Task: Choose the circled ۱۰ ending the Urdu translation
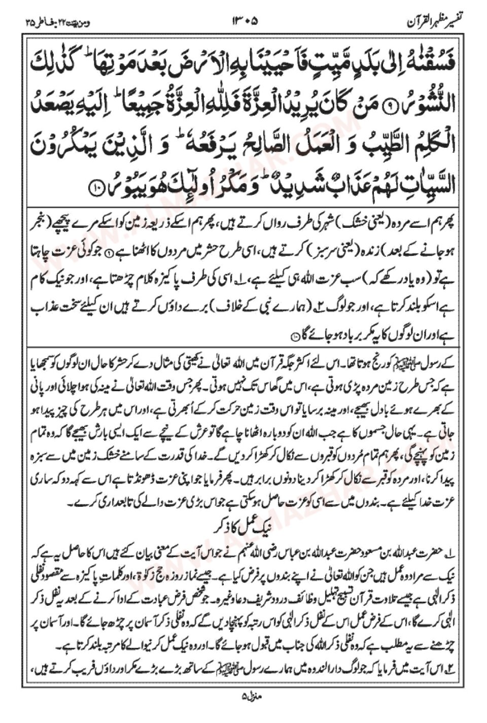pyautogui.click(x=296, y=337)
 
